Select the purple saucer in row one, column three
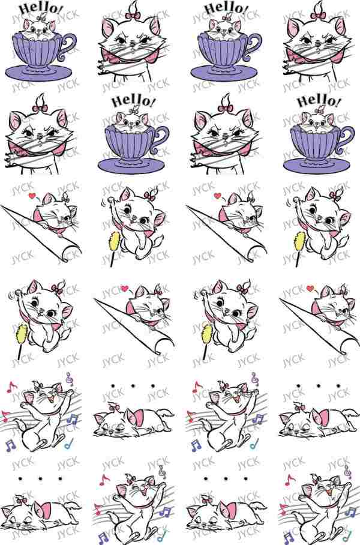coord(224,72)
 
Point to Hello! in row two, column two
coord(134,101)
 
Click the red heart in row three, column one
coord(32,196)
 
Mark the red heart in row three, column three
coord(218,196)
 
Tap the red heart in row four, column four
coord(311,289)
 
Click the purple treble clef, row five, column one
coord(70,379)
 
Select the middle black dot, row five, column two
coord(133,386)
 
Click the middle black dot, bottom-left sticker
coord(40,479)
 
